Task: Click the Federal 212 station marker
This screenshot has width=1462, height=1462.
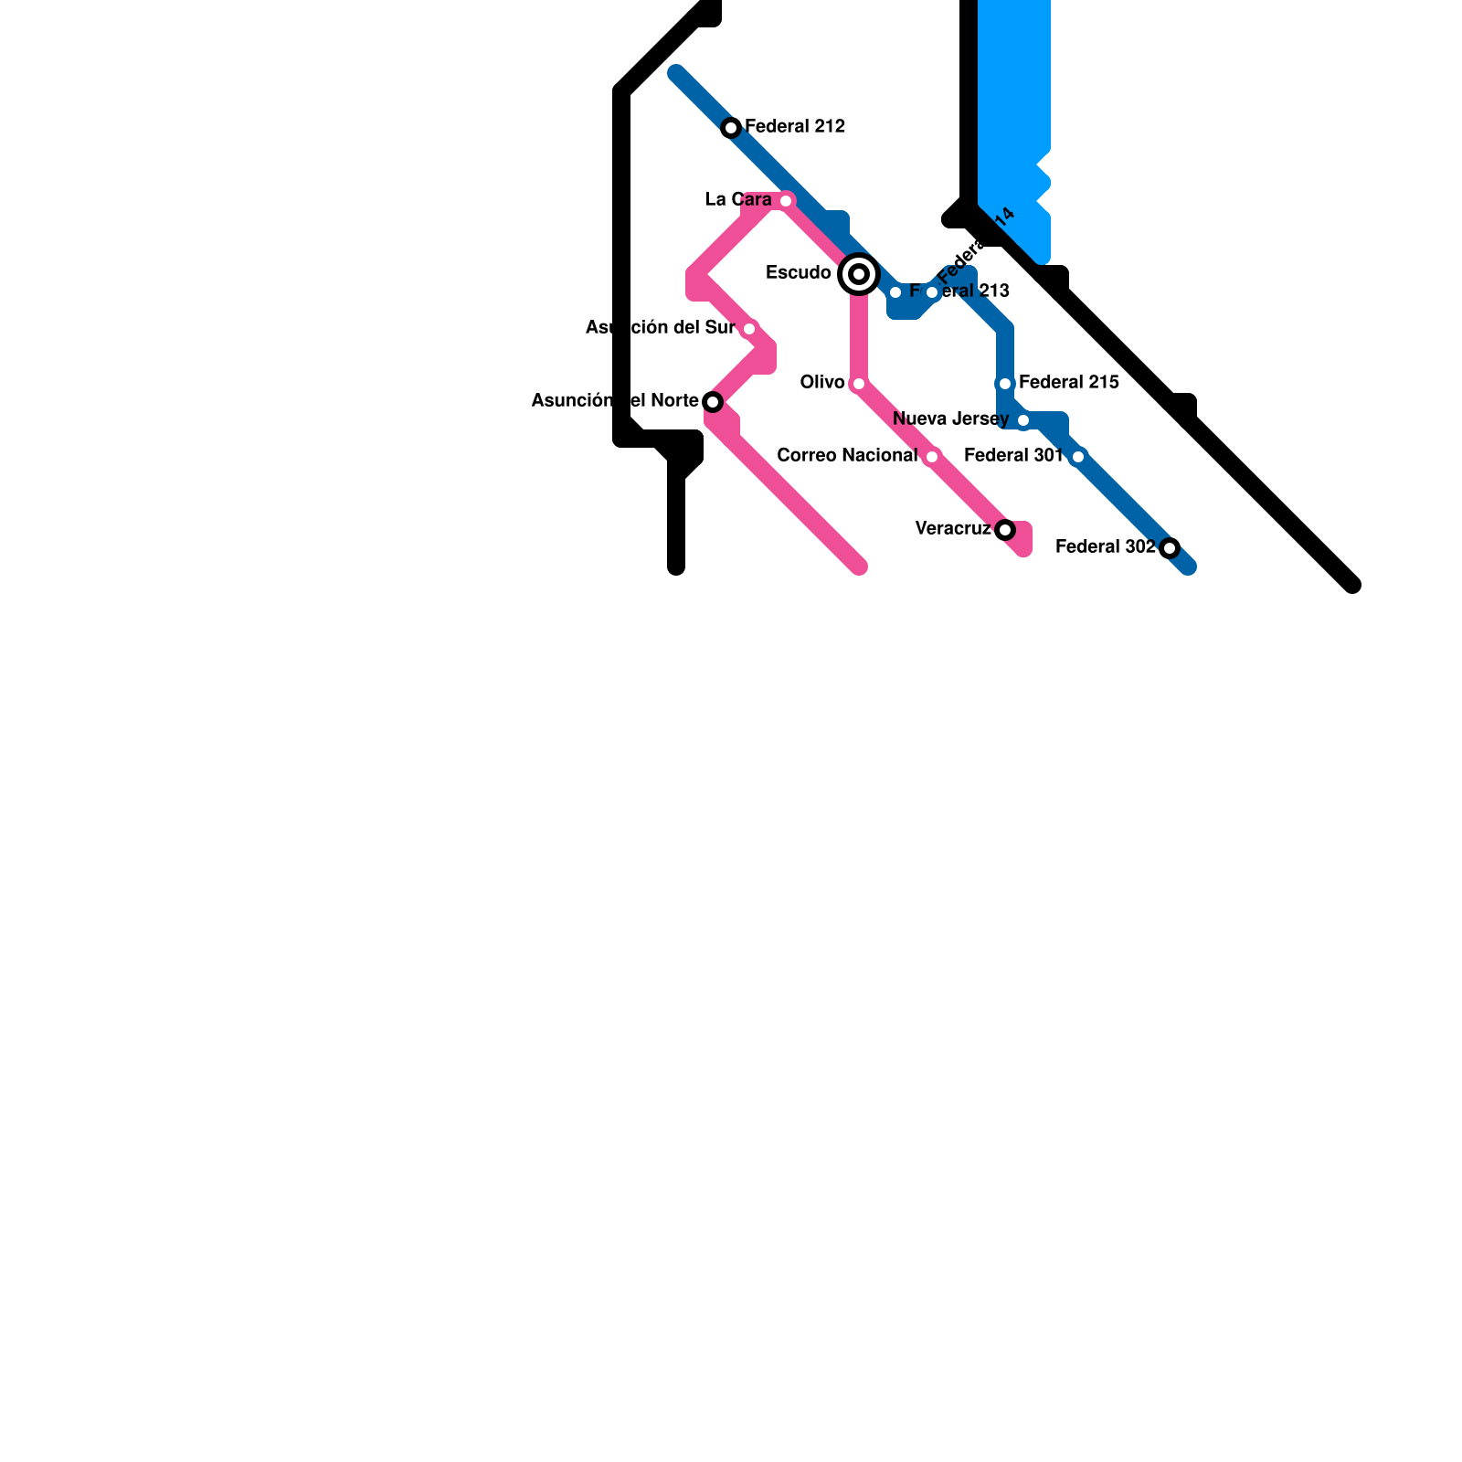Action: [x=731, y=128]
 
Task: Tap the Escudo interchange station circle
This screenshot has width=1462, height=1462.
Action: [x=859, y=274]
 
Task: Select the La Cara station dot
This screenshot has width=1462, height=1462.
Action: [x=786, y=201]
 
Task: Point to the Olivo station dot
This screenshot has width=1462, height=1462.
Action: [x=859, y=384]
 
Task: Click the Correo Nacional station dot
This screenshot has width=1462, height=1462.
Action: [x=932, y=457]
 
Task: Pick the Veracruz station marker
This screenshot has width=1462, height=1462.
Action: [x=1005, y=530]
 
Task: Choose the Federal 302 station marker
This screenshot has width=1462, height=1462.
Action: [x=1170, y=548]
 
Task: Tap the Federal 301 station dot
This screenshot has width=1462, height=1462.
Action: [x=1078, y=457]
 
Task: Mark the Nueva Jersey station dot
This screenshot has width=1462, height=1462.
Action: [x=1023, y=420]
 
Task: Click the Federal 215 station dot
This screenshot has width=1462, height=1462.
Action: [x=1005, y=384]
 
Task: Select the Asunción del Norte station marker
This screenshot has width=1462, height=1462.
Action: [x=713, y=402]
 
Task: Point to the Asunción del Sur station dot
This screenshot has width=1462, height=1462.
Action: [x=749, y=329]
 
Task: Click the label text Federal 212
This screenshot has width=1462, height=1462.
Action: [x=795, y=126]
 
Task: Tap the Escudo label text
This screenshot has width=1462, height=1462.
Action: [x=799, y=272]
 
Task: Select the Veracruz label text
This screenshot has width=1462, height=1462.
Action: [x=952, y=528]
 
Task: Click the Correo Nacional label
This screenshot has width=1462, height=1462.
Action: [x=847, y=455]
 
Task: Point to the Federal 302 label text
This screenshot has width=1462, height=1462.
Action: [x=1106, y=546]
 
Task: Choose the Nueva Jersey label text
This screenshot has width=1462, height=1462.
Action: [x=950, y=418]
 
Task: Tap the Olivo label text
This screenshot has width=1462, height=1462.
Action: [x=822, y=382]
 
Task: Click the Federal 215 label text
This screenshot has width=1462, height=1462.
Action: [x=1069, y=382]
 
